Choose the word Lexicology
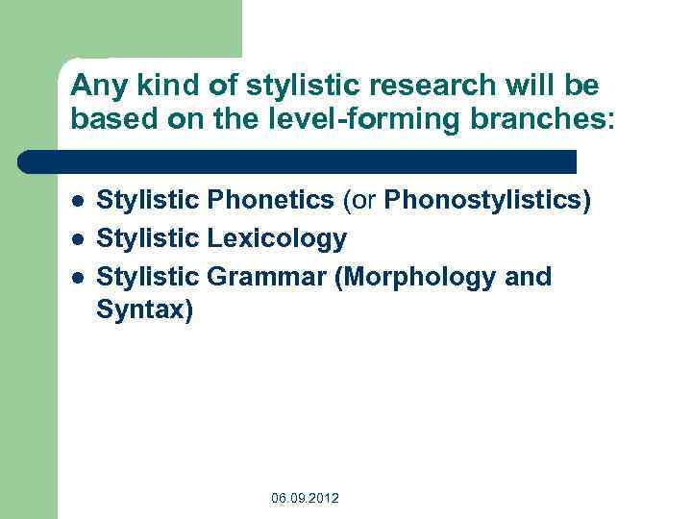click(x=277, y=238)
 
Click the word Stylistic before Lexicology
click(x=149, y=238)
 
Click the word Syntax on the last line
click(x=144, y=313)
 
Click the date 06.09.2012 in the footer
click(x=305, y=498)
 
